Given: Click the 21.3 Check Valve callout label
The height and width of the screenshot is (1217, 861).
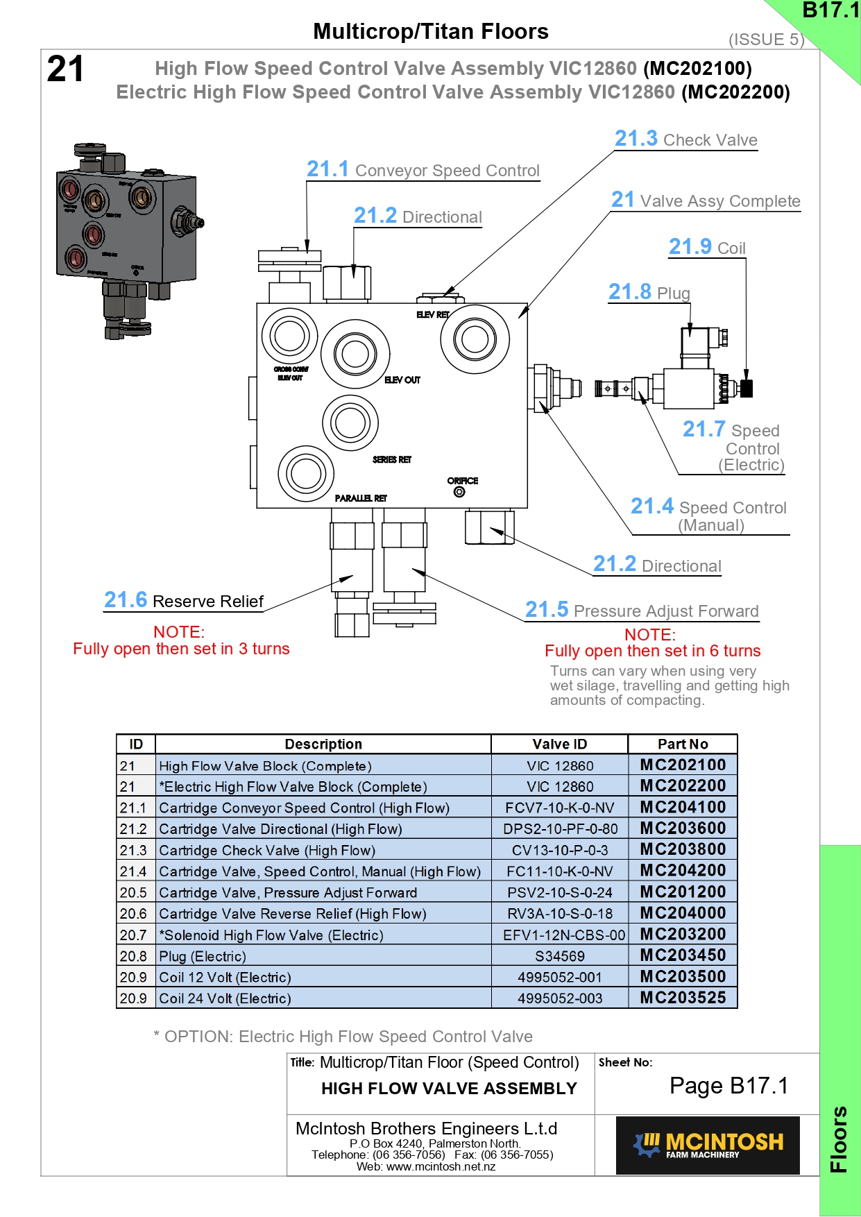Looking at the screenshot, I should coord(685,139).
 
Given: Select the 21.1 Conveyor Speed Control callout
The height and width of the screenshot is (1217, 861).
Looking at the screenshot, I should coord(423,170).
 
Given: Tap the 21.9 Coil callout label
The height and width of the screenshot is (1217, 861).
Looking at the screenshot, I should coord(706,248).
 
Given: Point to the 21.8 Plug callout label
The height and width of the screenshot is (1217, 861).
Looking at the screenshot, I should coord(649,293).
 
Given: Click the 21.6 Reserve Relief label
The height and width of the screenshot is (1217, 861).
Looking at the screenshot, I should coord(184,601).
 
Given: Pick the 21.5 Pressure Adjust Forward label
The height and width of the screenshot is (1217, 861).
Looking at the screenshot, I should coord(642,611).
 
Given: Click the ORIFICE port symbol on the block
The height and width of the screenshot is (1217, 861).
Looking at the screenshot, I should coord(459,492).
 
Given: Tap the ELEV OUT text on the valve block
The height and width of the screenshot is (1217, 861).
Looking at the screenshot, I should coord(402,380).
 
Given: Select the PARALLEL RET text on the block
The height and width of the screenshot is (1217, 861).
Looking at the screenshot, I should coord(361,498).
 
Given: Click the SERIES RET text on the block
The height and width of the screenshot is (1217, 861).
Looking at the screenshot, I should coord(392,459).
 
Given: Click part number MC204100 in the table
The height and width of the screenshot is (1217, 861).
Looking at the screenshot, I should coord(683,807).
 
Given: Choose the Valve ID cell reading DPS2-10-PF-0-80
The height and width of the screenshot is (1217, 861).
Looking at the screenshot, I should coord(560,828).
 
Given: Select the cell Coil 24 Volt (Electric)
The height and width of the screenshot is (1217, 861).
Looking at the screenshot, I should coord(225,998).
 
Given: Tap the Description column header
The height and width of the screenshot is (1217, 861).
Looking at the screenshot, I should coord(323,744).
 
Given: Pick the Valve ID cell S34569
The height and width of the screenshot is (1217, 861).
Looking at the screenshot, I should coord(560,956).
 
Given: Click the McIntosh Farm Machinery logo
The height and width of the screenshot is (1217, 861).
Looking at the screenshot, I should coord(708,1145).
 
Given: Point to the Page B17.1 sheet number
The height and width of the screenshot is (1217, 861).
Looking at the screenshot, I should coord(728,1085).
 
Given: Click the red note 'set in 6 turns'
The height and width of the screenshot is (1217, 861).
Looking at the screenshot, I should coord(652,651).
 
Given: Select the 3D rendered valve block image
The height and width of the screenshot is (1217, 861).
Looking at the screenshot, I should coord(128,239).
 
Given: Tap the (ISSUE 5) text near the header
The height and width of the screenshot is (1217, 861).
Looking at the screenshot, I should coord(766,40).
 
